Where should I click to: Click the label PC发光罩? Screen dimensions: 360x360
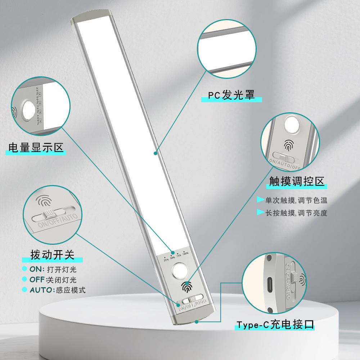click(231, 95)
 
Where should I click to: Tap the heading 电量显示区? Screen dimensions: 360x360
click(36, 148)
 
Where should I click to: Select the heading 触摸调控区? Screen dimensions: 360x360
click(297, 181)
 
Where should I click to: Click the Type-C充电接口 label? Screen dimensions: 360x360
click(275, 325)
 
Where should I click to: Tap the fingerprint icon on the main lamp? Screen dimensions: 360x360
click(186, 287)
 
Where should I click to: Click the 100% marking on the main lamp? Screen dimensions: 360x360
click(185, 253)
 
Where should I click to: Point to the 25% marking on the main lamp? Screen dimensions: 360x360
click(166, 259)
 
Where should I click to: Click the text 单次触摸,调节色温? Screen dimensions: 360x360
click(296, 201)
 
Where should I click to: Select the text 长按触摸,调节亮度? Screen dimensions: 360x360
click(296, 213)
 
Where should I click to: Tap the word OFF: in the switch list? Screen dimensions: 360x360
click(38, 280)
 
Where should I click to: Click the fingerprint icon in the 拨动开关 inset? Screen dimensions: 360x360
click(44, 200)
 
